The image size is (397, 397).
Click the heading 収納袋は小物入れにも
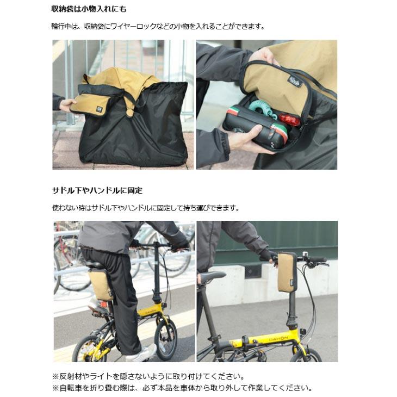[89, 9]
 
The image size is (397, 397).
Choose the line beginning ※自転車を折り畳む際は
[182, 388]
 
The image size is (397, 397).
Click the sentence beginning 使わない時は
[145, 208]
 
